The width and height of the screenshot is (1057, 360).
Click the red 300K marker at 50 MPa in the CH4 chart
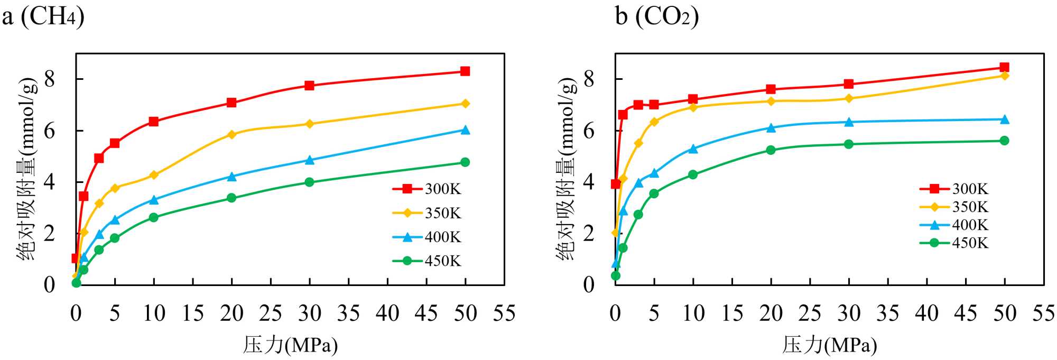pos(465,71)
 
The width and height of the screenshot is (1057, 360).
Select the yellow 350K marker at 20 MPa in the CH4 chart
pos(231,134)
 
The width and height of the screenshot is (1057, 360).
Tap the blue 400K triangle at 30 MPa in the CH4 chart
pos(310,160)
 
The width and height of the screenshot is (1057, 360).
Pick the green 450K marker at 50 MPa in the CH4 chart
pos(465,162)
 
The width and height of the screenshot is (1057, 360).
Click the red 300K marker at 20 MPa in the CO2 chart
pos(771,89)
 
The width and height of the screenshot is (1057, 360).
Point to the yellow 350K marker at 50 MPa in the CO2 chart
pos(1005,76)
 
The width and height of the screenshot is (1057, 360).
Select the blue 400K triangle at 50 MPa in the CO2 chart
pos(1005,119)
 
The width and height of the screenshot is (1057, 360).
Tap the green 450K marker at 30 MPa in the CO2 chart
pos(849,144)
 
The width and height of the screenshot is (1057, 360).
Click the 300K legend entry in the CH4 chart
pos(427,189)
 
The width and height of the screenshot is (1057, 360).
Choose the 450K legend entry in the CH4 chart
pos(427,261)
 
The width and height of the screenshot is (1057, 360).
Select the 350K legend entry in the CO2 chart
pos(954,207)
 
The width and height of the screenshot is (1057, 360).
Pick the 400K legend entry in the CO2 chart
pos(954,225)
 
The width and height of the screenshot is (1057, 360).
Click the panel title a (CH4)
pos(43,16)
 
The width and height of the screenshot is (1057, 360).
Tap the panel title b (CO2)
pos(657,16)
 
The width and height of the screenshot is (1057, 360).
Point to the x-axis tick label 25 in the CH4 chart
pos(271,314)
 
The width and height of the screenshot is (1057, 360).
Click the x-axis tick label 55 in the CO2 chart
pos(1043,314)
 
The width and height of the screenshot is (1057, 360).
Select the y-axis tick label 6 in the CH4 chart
pos(50,131)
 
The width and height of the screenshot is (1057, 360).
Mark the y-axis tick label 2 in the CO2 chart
pos(589,234)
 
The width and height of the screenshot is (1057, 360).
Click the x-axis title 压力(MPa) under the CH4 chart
pos(290,345)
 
